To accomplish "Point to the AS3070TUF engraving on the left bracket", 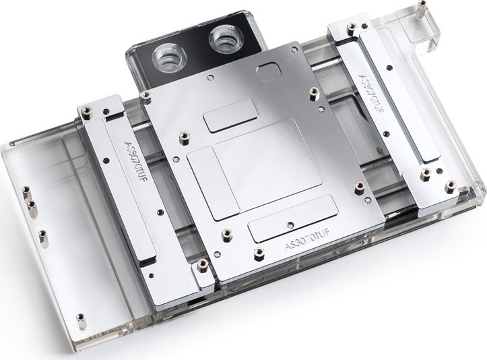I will pos(137,163).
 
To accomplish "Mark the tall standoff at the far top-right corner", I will pos(422,9).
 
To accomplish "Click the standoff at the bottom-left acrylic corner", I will pos(82,322).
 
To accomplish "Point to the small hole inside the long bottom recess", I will pos(288,224).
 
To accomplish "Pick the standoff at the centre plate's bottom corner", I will pos(259,254).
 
